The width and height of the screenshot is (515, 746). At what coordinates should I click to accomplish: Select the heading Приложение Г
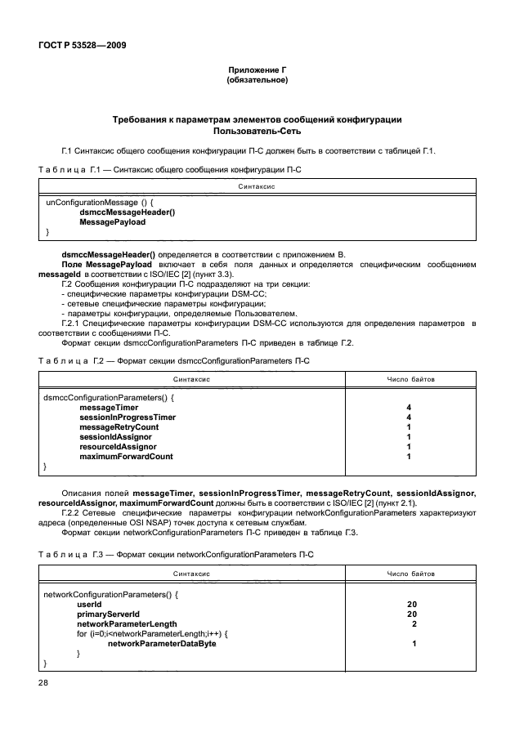257,70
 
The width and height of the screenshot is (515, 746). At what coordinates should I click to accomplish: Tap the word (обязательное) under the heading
257,80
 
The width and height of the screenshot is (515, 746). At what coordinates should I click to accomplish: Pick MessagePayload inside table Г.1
113,221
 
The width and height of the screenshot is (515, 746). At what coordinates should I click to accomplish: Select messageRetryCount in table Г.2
119,427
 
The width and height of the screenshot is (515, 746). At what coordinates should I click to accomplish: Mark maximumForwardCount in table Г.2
126,456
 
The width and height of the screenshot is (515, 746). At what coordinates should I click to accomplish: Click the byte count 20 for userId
412,605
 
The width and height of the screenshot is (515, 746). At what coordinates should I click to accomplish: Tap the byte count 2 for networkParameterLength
414,624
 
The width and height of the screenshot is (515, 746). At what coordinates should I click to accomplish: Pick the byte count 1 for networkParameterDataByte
414,644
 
